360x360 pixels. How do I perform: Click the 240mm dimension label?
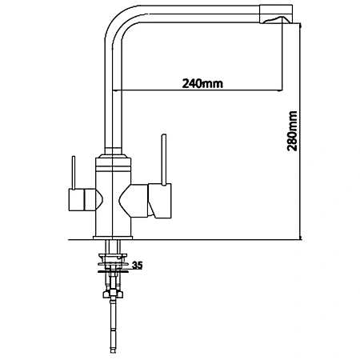pyautogui.click(x=202, y=83)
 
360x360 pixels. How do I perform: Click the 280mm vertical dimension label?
pyautogui.click(x=292, y=131)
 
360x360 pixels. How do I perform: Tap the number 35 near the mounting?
pyautogui.click(x=138, y=265)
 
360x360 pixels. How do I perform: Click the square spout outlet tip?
pyautogui.click(x=276, y=14)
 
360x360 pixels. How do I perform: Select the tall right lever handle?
pyautogui.click(x=164, y=159)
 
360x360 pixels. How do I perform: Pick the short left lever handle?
pyautogui.click(x=74, y=173)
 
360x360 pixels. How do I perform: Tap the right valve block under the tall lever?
pyautogui.click(x=159, y=201)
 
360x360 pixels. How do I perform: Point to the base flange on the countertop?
pyautogui.click(x=113, y=238)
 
